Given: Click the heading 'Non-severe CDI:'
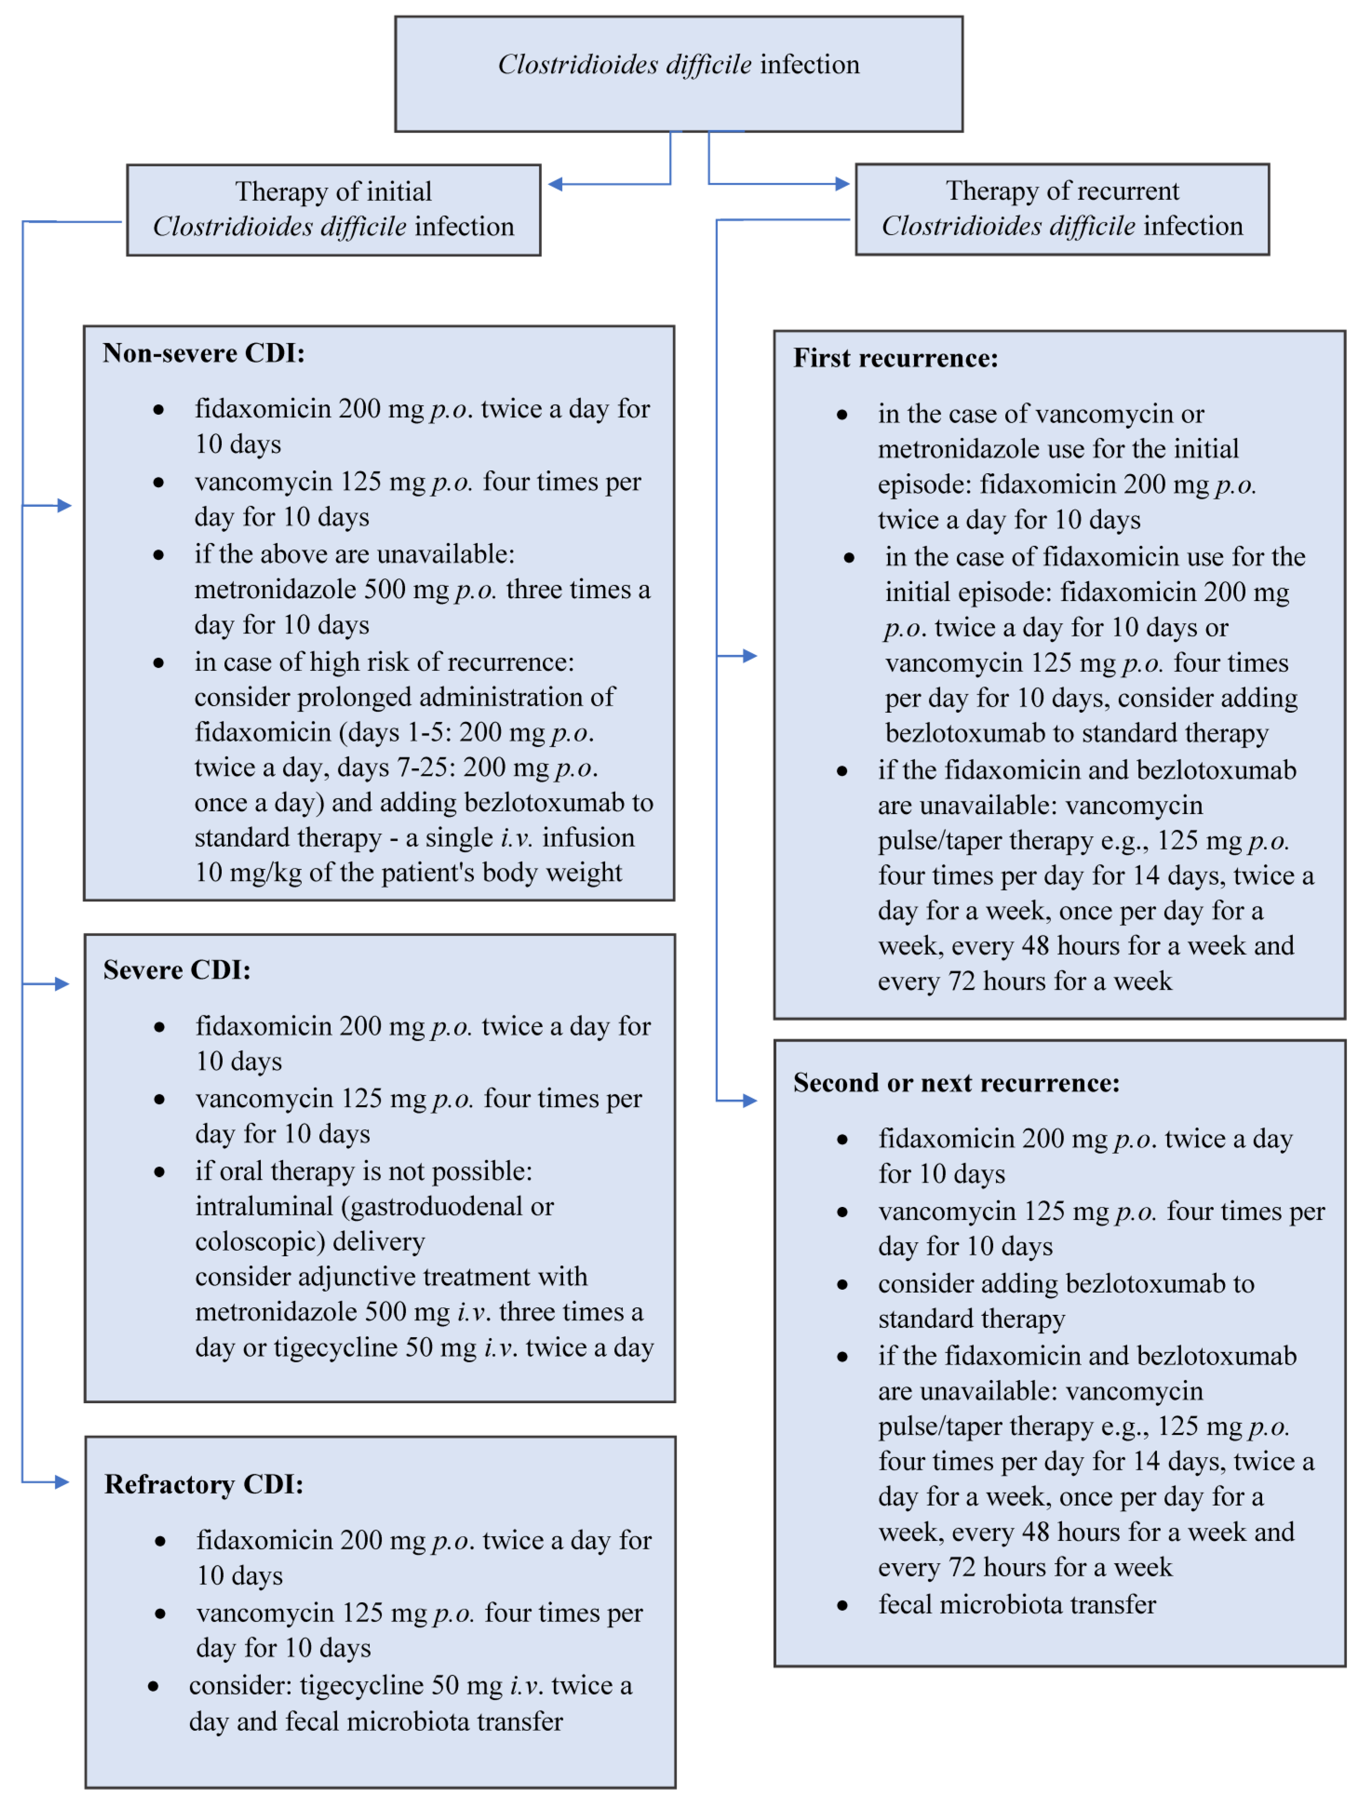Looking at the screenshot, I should click(204, 353).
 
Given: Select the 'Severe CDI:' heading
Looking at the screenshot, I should click(177, 970).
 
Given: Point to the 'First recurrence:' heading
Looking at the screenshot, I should click(895, 358).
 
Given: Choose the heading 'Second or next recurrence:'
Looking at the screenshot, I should click(955, 1083).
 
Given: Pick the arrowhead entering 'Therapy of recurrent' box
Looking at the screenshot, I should click(842, 184).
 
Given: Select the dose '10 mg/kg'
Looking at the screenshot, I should click(248, 873).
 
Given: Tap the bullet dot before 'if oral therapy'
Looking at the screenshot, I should click(159, 1172).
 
